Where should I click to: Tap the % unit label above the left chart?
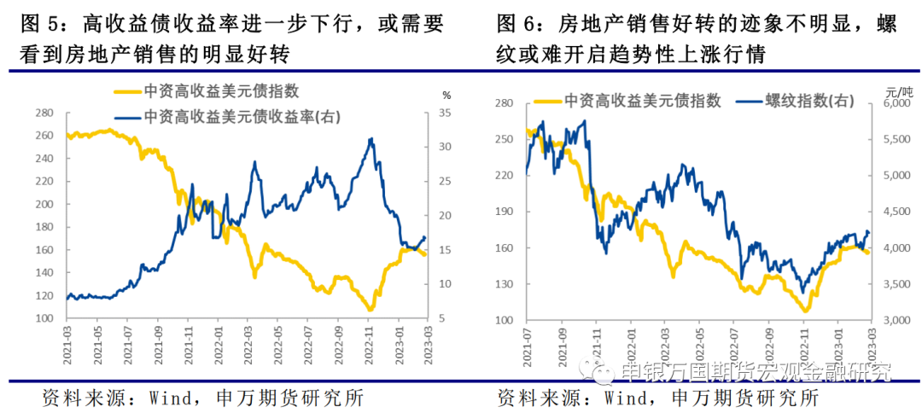[446, 96]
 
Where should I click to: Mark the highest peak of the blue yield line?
[371, 138]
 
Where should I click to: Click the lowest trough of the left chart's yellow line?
[370, 310]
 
